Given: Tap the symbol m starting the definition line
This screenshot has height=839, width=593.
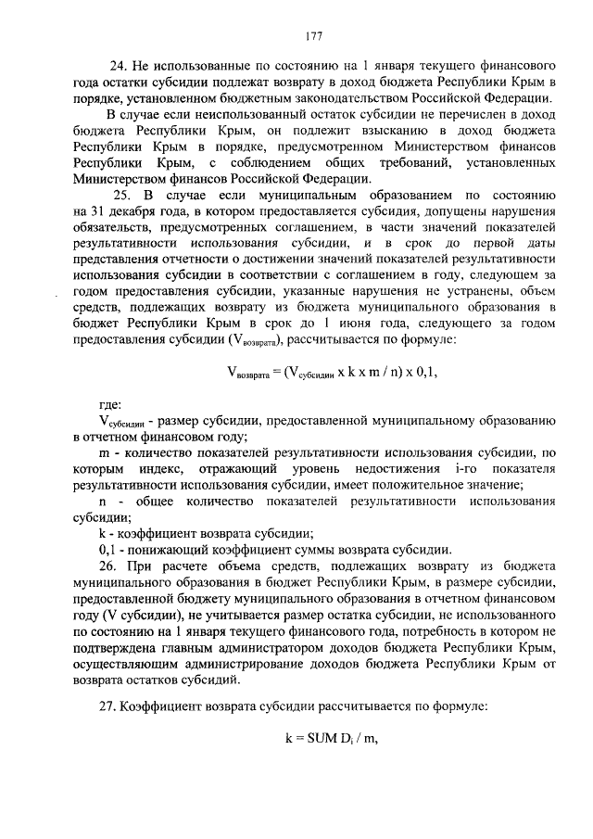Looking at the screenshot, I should pos(104,453).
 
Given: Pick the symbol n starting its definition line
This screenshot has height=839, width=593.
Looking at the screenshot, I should pos(104,502).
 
